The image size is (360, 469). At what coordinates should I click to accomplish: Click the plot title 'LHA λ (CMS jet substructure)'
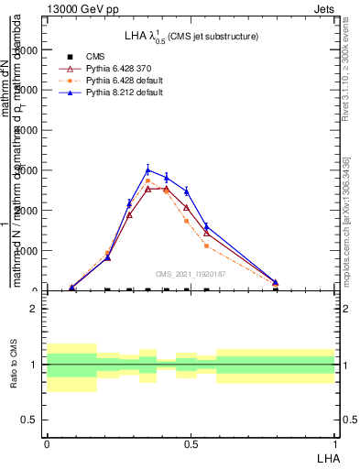click(x=191, y=36)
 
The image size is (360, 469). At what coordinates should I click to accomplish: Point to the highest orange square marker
click(x=148, y=180)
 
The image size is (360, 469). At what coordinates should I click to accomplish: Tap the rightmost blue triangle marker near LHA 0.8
click(x=275, y=282)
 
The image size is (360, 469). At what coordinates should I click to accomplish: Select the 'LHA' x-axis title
click(x=326, y=456)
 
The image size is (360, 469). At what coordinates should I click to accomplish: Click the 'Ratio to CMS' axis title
click(x=15, y=364)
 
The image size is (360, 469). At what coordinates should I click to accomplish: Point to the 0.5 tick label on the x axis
click(x=191, y=443)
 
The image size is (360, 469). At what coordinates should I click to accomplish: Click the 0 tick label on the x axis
click(x=47, y=443)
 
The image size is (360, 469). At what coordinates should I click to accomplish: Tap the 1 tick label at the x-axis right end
click(x=335, y=443)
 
